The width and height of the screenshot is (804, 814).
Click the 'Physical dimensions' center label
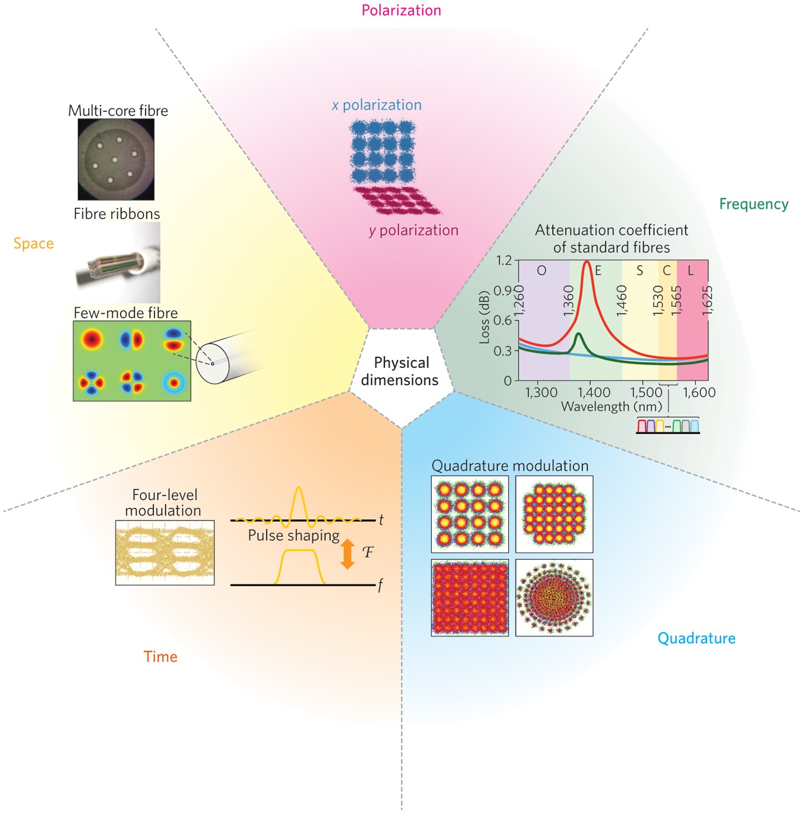tap(401, 371)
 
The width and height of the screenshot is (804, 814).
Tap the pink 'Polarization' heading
tap(401, 10)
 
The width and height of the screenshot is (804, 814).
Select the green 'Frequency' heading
tap(753, 204)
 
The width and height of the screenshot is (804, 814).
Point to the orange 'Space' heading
tap(33, 243)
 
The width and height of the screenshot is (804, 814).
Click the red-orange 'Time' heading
tap(160, 657)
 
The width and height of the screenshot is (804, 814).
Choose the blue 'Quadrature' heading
tap(696, 638)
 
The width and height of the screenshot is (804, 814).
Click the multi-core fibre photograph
tap(116, 160)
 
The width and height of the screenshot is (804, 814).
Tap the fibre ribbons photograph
tap(118, 263)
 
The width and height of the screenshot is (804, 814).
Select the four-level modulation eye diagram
tap(165, 553)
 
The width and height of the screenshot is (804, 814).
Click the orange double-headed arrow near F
tap(347, 554)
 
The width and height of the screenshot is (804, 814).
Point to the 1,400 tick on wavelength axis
tap(594, 393)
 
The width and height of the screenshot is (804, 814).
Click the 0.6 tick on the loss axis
tap(503, 321)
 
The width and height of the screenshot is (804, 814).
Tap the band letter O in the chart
tap(541, 270)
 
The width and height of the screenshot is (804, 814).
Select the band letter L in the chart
tap(690, 270)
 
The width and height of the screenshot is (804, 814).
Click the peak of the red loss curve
tap(587, 262)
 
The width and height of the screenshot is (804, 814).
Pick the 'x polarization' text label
tap(377, 105)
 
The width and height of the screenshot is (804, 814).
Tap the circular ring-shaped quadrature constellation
tap(554, 598)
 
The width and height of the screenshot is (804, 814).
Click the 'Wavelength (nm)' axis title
tap(612, 407)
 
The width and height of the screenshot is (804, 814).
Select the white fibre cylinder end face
tap(213, 363)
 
